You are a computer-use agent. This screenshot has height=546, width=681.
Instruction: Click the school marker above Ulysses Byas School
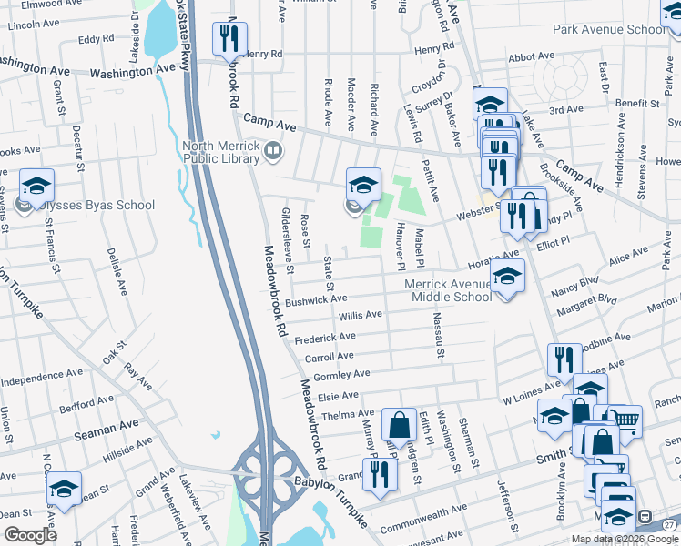36,187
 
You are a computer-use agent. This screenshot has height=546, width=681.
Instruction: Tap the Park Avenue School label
609,29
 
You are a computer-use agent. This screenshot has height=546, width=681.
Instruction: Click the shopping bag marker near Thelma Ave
399,425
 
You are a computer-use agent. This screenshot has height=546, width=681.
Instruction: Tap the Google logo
30,535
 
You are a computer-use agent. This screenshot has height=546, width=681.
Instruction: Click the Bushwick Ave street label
316,298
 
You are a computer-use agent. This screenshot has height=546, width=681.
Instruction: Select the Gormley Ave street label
340,374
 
